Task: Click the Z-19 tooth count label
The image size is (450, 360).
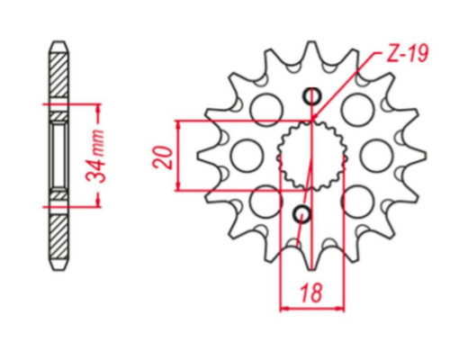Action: (x=408, y=54)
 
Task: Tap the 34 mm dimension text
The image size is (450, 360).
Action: (x=95, y=156)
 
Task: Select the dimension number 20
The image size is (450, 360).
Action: (x=163, y=157)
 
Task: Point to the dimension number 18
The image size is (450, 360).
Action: (x=311, y=292)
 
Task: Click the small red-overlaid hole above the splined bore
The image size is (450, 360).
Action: (x=312, y=96)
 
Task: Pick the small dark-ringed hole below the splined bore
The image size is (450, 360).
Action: (x=302, y=214)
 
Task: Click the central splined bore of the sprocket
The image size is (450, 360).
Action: (x=312, y=156)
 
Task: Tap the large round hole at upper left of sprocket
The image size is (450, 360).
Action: (x=266, y=109)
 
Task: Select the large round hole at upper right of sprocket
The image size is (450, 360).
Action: (x=358, y=109)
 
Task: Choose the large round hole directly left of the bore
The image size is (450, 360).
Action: (x=247, y=156)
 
